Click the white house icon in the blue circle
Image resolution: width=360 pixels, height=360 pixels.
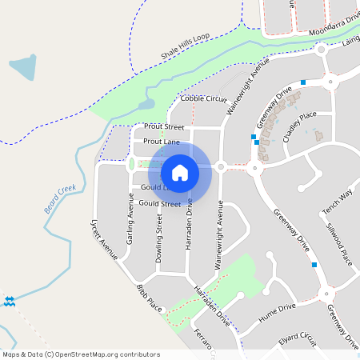click(179, 172)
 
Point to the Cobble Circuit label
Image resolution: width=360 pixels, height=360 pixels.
click(204, 98)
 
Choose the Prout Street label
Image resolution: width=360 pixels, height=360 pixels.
click(164, 127)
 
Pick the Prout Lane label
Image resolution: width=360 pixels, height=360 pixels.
click(161, 142)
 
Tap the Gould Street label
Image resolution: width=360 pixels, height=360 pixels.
click(159, 204)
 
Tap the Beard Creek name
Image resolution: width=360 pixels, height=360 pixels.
click(59, 197)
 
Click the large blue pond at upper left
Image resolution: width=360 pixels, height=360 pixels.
click(22, 69)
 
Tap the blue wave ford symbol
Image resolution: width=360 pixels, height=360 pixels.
click(10, 302)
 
